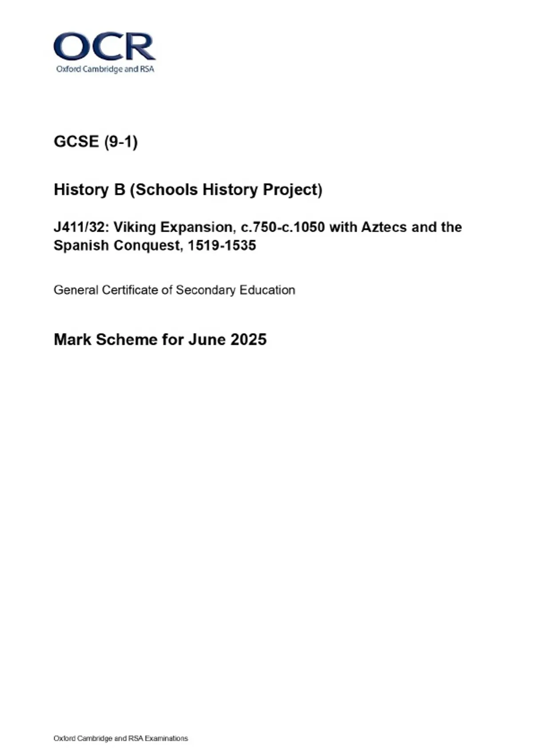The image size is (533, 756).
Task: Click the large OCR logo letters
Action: click(x=104, y=46)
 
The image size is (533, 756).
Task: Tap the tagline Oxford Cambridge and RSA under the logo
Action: click(x=105, y=69)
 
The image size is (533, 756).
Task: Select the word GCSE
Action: click(x=76, y=142)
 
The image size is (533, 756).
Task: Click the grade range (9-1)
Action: click(x=121, y=142)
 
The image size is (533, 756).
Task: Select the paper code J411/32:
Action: click(x=81, y=227)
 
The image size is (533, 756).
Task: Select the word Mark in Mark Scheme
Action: click(x=72, y=340)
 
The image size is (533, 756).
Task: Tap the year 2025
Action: click(x=248, y=340)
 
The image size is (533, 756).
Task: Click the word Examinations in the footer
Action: click(x=167, y=739)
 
